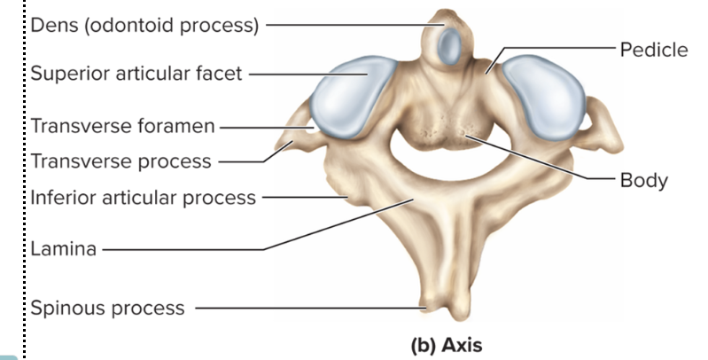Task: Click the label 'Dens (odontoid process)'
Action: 144,24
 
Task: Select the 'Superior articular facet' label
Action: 136,74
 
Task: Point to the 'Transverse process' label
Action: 121,161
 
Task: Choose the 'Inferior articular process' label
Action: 143,196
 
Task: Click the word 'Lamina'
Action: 63,249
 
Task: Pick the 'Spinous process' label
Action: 107,309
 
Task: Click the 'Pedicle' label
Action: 654,49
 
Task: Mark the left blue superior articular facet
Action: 347,98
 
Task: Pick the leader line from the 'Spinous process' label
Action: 310,309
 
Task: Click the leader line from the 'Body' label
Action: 549,160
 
